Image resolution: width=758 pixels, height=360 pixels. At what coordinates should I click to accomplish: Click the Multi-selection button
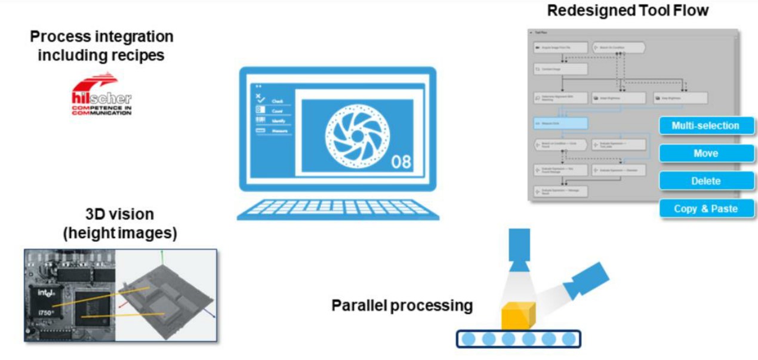pyautogui.click(x=705, y=125)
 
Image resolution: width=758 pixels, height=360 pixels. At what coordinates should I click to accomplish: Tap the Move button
pyautogui.click(x=705, y=153)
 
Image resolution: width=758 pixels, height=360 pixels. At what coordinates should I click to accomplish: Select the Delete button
pyautogui.click(x=705, y=181)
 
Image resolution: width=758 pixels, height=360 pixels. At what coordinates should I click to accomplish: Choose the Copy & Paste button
pyautogui.click(x=705, y=209)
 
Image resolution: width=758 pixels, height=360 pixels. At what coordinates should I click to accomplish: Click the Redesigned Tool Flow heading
pyautogui.click(x=628, y=10)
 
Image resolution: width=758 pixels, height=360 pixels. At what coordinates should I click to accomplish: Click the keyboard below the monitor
pyautogui.click(x=338, y=208)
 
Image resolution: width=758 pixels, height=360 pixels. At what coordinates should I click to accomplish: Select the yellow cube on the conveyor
pyautogui.click(x=517, y=316)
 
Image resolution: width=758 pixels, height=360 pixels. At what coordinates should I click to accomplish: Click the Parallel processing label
pyautogui.click(x=402, y=306)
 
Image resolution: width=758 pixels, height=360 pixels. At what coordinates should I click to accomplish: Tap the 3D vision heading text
pyautogui.click(x=119, y=223)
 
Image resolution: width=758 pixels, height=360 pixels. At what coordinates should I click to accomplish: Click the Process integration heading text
pyautogui.click(x=101, y=45)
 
